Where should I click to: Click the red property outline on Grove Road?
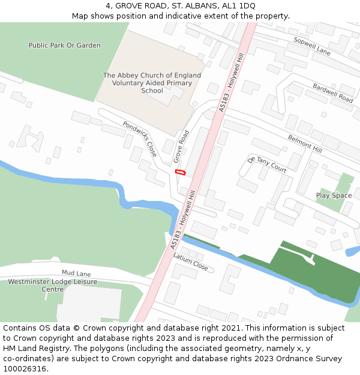[180, 172]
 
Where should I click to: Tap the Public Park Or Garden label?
[65, 46]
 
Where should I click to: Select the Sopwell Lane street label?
[312, 46]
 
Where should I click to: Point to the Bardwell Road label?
[333, 93]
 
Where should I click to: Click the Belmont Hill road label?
[305, 143]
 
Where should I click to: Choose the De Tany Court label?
[267, 165]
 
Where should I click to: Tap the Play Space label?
[334, 196]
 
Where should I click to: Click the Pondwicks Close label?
[140, 139]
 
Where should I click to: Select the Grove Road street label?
[181, 146]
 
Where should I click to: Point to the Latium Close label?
[190, 262]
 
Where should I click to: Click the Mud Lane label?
[76, 273]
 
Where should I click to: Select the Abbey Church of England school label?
[152, 83]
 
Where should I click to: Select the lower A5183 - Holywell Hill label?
[182, 220]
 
